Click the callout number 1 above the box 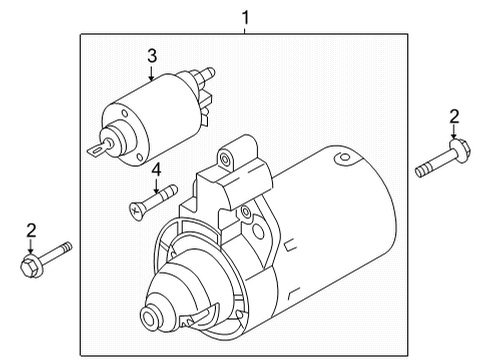click(245, 18)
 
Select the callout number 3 click(152, 56)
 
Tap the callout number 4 click(156, 170)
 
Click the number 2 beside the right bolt click(454, 117)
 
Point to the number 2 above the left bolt click(31, 230)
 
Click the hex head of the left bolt click(30, 266)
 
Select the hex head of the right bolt click(460, 151)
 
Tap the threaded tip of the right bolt click(421, 172)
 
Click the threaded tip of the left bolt click(67, 247)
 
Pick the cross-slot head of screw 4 click(134, 209)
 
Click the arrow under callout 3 click(152, 73)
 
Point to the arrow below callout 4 click(156, 186)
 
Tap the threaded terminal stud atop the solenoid click(207, 74)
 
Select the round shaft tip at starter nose click(149, 316)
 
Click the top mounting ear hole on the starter click(226, 157)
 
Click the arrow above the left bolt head click(31, 247)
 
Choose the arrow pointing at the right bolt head click(454, 132)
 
